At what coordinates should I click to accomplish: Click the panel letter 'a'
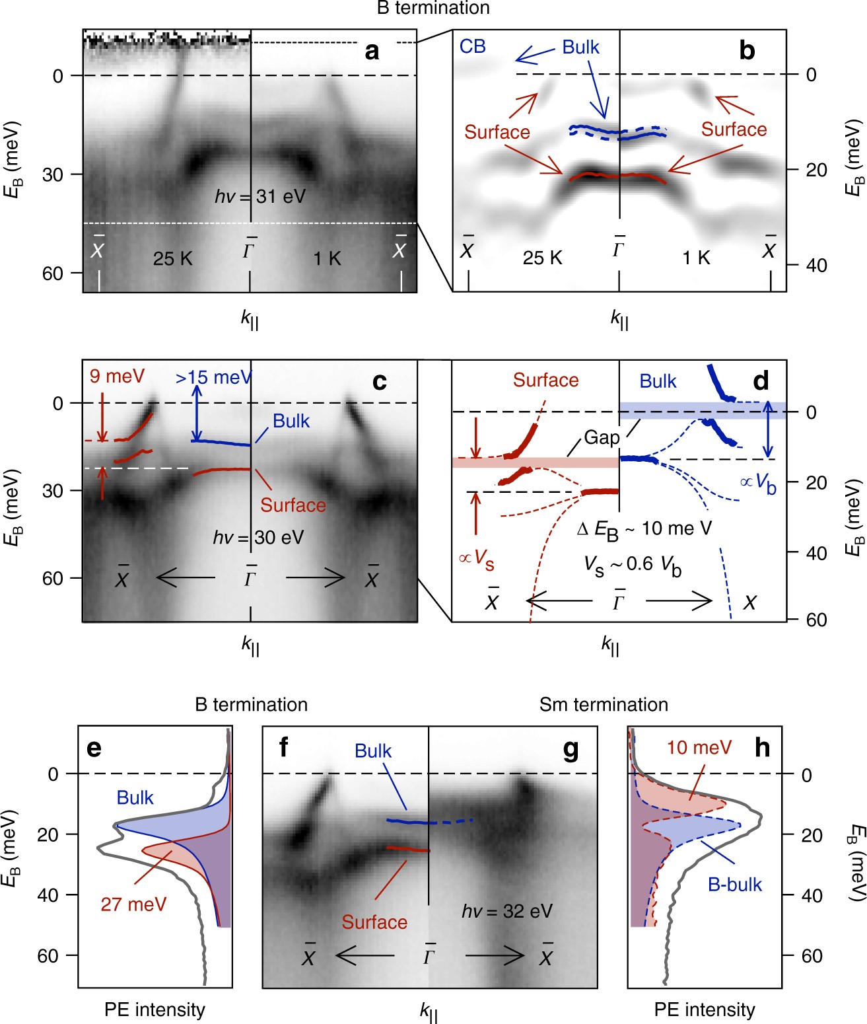pos(372,52)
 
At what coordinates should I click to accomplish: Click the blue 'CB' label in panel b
pos(473,46)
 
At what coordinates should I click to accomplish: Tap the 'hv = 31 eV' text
pos(260,196)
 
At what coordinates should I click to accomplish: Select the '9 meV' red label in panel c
pos(117,377)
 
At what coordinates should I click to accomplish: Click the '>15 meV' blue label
pos(213,377)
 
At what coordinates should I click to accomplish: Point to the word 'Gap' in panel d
pos(602,437)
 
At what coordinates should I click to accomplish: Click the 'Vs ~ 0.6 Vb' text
pos(633,565)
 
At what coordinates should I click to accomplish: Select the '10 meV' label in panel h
pos(699,748)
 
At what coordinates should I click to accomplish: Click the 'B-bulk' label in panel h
pos(734,885)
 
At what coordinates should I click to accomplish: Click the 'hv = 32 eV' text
pos(507,911)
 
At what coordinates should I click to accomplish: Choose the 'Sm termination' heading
pos(604,705)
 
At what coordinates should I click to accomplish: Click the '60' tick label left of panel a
pos(53,274)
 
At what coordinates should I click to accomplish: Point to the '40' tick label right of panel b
pos(816,266)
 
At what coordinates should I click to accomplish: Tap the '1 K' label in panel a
pos(327,258)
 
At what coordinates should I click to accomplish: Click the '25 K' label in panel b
pos(542,258)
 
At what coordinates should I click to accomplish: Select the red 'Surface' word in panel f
pos(374,922)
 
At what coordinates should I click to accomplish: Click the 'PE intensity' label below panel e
pos(155,1009)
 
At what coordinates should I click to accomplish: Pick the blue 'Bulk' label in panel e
pos(135,798)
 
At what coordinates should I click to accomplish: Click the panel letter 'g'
pos(570,749)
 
